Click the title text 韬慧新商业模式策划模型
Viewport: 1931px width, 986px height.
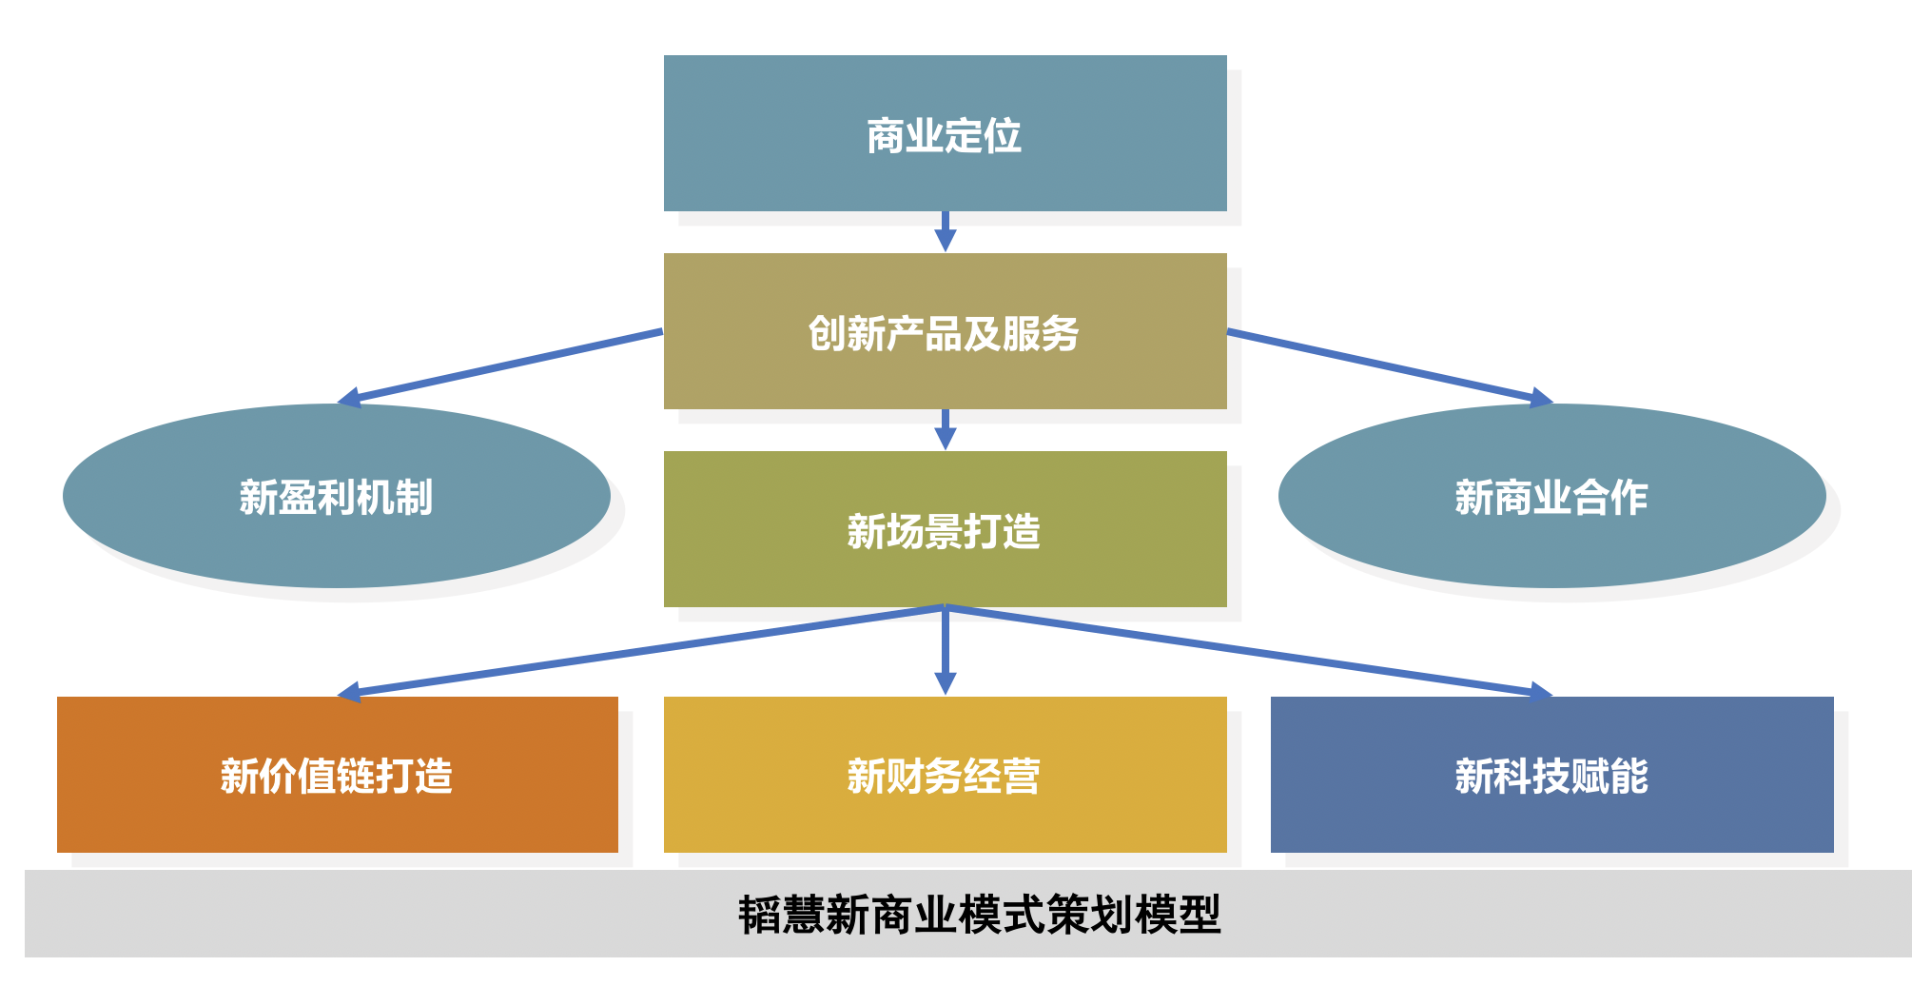pyautogui.click(x=979, y=915)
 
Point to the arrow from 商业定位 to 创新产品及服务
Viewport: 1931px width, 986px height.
pyautogui.click(x=945, y=231)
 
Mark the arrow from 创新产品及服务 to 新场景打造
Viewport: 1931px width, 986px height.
pyautogui.click(x=945, y=429)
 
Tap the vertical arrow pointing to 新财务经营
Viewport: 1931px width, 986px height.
pyautogui.click(x=945, y=652)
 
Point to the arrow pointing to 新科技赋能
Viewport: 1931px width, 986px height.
pyautogui.click(x=1246, y=651)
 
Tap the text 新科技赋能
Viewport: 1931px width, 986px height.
pyautogui.click(x=1551, y=776)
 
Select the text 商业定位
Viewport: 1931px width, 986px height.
pyautogui.click(x=944, y=136)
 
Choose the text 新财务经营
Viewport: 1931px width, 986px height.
pyautogui.click(x=944, y=776)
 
